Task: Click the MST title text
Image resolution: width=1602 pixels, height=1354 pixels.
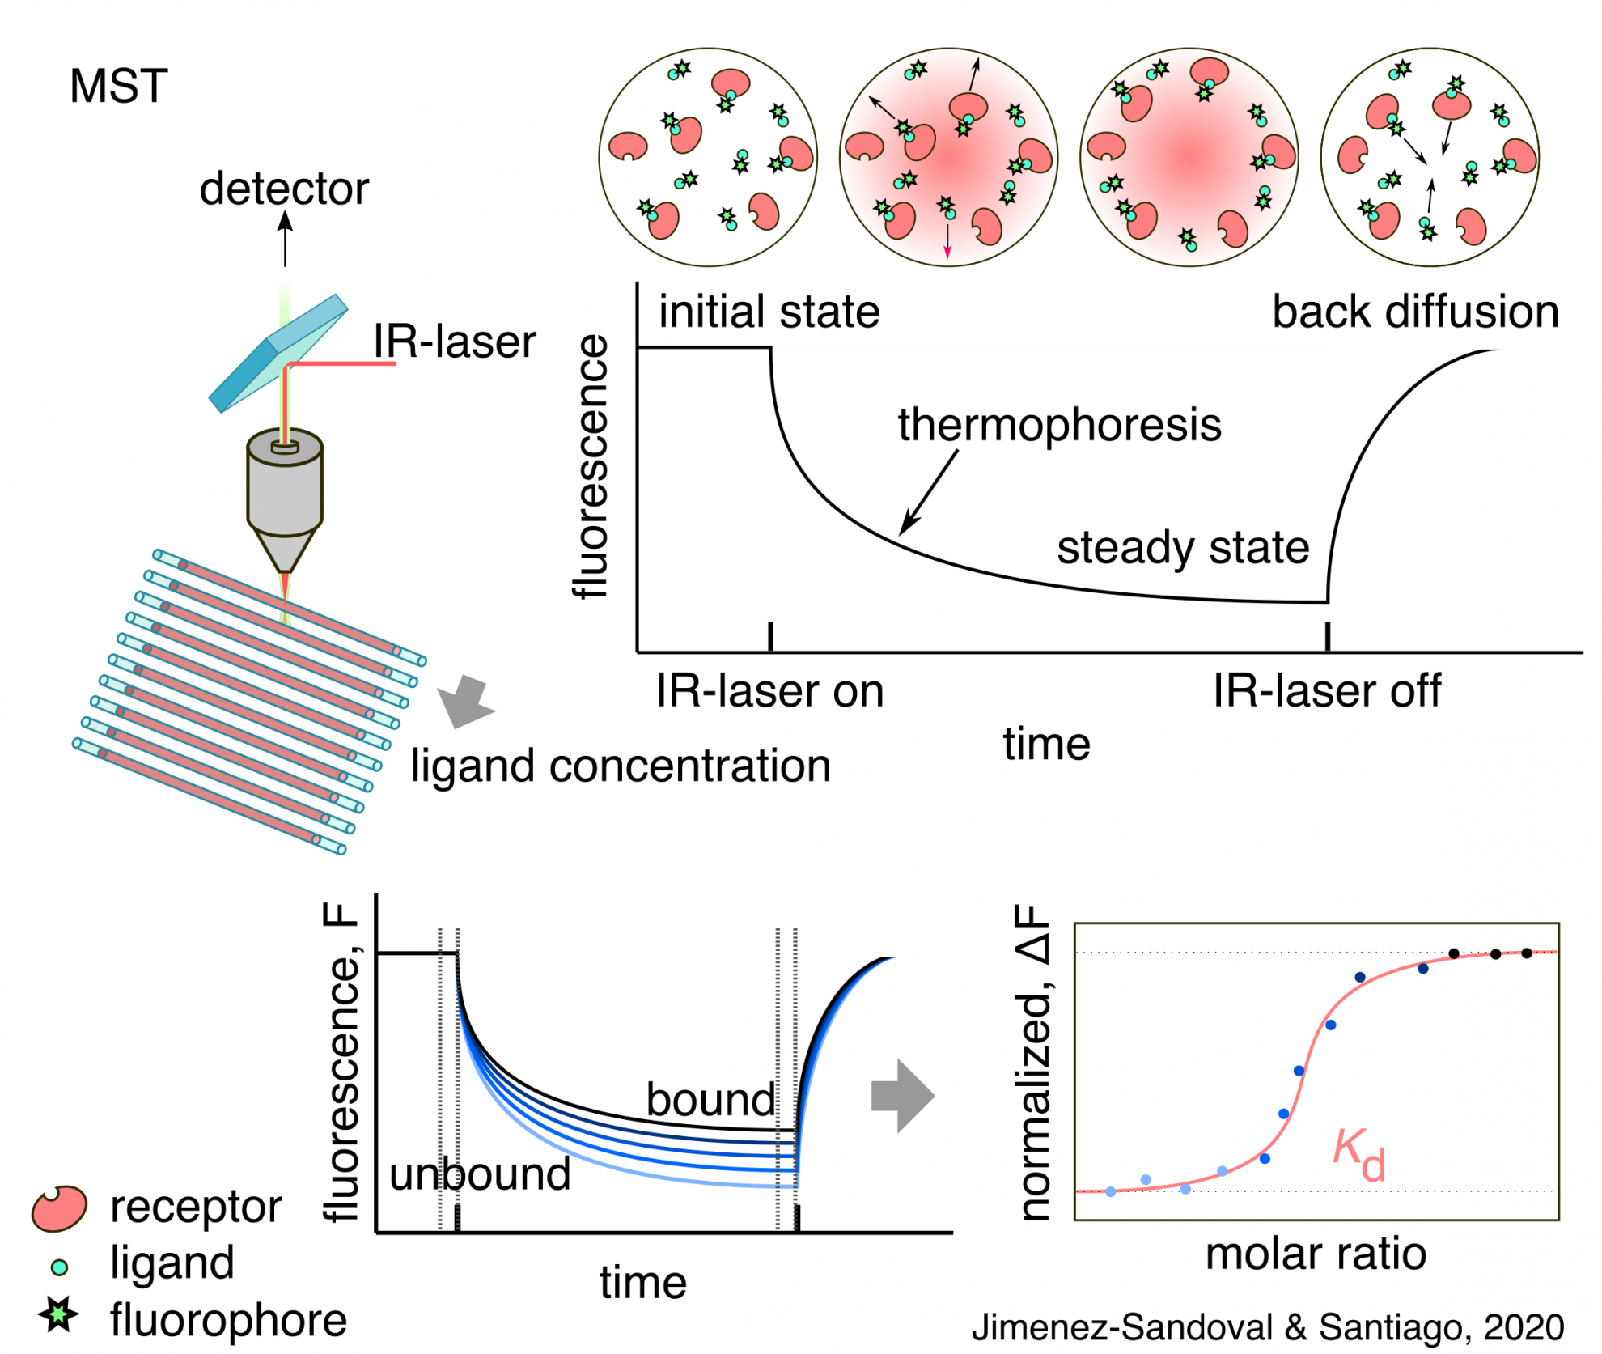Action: (119, 86)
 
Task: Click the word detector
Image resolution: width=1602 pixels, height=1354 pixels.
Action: (284, 189)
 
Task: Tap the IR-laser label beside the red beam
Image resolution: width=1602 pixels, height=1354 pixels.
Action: (455, 341)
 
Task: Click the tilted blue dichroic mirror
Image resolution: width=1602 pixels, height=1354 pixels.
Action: (278, 354)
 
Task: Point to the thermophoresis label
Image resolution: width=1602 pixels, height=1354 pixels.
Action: (1059, 425)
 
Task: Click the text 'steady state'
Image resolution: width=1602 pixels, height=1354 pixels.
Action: (1183, 548)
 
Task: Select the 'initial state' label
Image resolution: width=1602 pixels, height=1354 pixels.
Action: (769, 312)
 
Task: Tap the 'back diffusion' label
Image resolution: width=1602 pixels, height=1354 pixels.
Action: (1415, 312)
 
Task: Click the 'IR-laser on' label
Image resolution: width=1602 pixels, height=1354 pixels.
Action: (769, 691)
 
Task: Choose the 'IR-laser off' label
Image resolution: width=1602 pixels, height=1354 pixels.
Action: (1326, 691)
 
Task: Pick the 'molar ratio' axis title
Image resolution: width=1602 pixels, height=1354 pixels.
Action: (1316, 1254)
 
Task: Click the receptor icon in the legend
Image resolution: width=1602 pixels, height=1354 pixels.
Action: (59, 1208)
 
